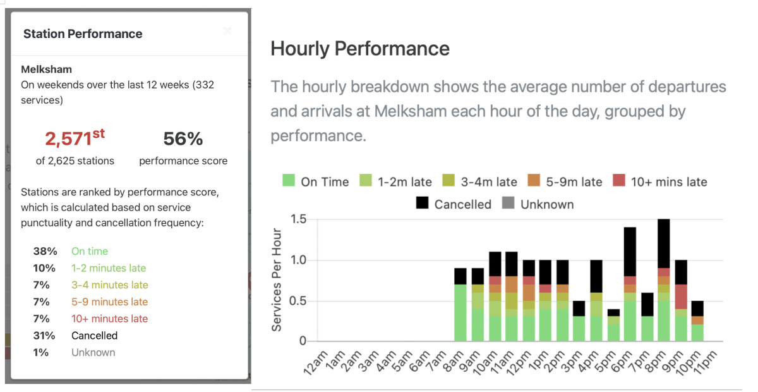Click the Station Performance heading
pos(83,34)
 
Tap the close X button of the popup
pos(227,30)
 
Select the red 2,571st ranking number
pos(75,138)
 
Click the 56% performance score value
pos(183,139)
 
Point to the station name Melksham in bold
pos(46,70)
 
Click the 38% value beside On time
pos(45,251)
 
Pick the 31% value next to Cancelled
pos(45,336)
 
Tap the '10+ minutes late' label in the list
pos(109,319)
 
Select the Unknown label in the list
pos(93,353)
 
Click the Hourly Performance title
pos(360,49)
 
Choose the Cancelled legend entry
pos(453,204)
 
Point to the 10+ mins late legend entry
pos(659,182)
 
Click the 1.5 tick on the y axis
pos(298,219)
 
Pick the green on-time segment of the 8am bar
pos(460,313)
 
